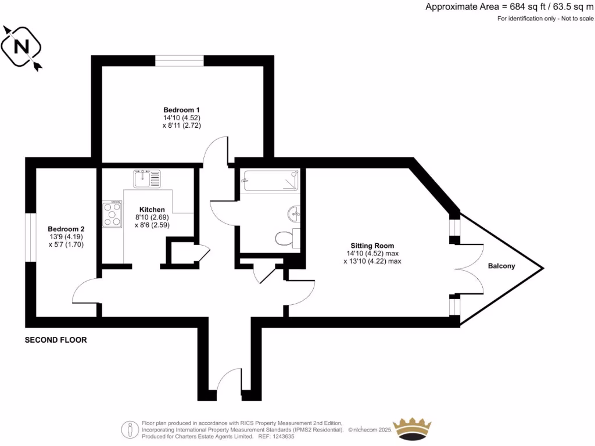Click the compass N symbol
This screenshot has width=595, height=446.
coord(21,47)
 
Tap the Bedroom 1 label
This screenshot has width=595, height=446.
coord(182,110)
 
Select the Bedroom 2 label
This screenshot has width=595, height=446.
coord(66,229)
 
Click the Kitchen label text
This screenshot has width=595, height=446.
coord(152,210)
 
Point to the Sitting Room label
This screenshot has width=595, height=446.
coord(372,246)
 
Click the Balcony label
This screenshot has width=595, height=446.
coord(501,267)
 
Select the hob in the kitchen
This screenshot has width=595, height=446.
coord(113,214)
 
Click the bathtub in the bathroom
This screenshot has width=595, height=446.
coord(271,180)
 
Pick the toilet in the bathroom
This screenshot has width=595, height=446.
coord(284,239)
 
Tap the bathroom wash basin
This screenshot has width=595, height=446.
coord(294,214)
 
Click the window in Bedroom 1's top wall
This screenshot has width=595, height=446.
coord(179,60)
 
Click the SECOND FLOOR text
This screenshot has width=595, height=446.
coord(56,340)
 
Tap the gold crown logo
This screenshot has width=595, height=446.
coord(413,429)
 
